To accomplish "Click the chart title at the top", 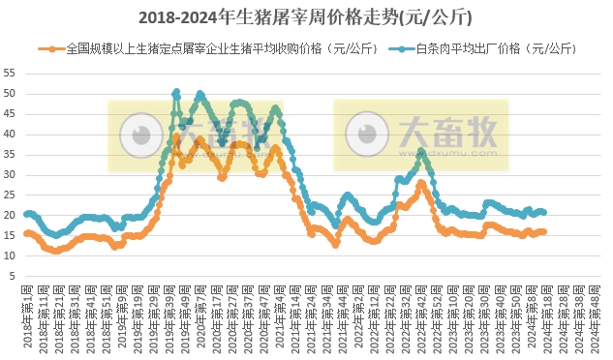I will (307, 17).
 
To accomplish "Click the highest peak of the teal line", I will (176, 93).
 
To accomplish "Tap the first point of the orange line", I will (26, 233).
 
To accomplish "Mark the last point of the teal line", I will (544, 212).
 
